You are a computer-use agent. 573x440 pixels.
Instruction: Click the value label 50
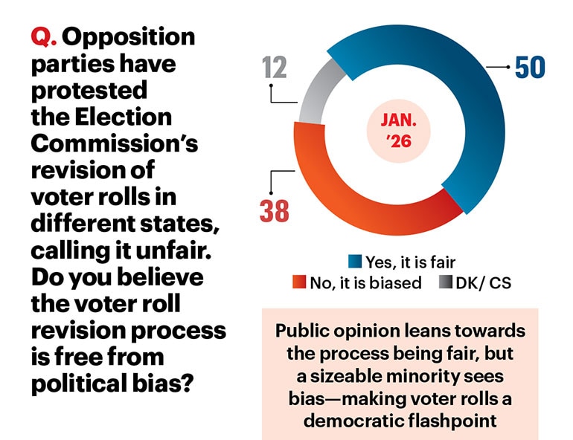point(531,68)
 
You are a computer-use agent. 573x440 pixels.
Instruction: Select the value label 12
point(275,68)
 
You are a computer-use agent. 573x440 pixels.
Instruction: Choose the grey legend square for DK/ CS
point(444,282)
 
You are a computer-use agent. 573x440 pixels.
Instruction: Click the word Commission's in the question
point(114,143)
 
